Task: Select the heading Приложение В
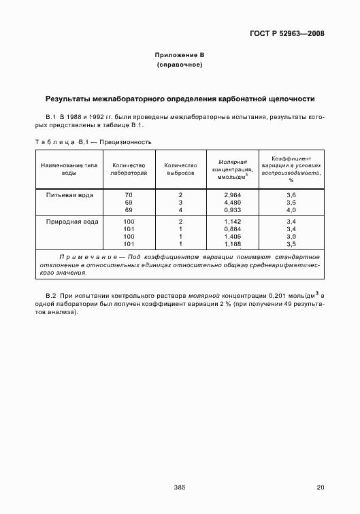tap(180, 54)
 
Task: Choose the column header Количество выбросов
tap(180, 169)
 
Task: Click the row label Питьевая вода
tap(70, 195)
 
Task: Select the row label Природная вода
tap(71, 222)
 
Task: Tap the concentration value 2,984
tap(233, 195)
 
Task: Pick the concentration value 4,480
tap(233, 202)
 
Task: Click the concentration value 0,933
tap(233, 209)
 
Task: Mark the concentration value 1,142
tap(233, 222)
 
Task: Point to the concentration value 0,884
tap(233, 229)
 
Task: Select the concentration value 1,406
tap(233, 236)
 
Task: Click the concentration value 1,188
tap(233, 243)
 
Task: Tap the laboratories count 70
tap(129, 195)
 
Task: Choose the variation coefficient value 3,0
tap(291, 236)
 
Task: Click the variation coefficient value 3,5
tap(291, 243)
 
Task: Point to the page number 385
tap(180, 487)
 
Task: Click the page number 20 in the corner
tap(321, 487)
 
